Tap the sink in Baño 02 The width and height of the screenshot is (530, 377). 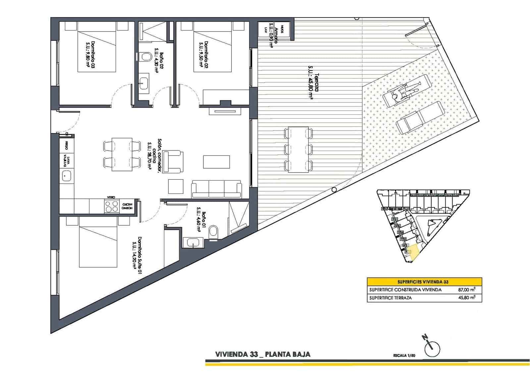(144, 81)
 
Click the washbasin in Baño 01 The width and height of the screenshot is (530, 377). (192, 243)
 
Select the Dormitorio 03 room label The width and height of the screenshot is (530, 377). (90, 54)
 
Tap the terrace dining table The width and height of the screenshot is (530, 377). (298, 149)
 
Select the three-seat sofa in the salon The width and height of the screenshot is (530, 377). (216, 189)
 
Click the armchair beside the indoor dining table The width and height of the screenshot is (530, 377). (173, 161)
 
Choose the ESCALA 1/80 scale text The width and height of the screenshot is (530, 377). (404, 355)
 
